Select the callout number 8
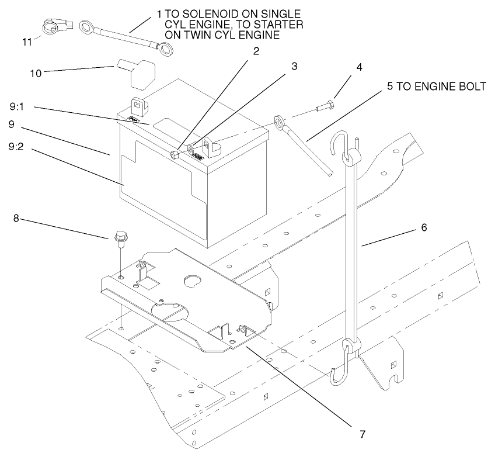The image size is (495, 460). click(16, 219)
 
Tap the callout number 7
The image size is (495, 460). click(362, 434)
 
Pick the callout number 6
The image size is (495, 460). click(424, 227)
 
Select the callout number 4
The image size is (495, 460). click(359, 67)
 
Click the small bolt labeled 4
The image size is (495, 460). click(325, 107)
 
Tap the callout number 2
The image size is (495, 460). click(256, 50)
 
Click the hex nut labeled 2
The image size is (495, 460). click(175, 154)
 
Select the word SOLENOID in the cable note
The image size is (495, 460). click(198, 14)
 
